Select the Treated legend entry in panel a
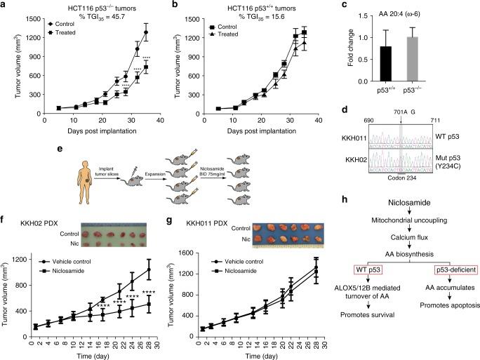[x=60, y=33]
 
